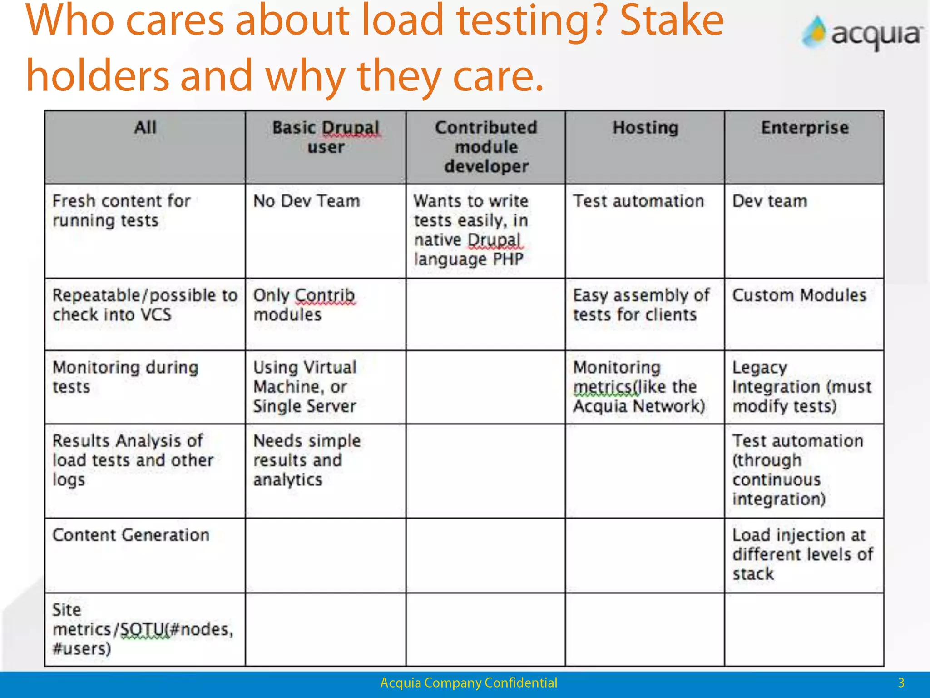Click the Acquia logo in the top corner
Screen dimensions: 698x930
(862, 33)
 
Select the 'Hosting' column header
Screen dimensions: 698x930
(645, 128)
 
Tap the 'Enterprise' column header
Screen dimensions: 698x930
(805, 128)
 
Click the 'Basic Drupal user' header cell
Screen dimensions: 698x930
(326, 137)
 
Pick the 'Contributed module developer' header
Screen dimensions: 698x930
(486, 147)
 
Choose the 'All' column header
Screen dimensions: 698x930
(145, 127)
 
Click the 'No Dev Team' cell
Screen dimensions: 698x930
(307, 201)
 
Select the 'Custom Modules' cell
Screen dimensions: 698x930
(799, 295)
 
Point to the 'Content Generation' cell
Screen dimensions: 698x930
(131, 535)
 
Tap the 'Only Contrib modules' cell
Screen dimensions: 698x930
(303, 305)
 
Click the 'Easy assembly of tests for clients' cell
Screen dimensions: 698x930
(641, 305)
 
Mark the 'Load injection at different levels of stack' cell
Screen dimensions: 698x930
(802, 554)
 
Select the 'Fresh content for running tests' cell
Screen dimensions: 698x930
(121, 210)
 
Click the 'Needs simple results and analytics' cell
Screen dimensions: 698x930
(307, 460)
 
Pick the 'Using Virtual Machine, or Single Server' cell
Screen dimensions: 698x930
(305, 386)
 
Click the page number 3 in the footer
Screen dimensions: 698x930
(901, 683)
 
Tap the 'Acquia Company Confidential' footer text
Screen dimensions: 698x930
(469, 683)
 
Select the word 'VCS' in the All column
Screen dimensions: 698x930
(156, 314)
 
